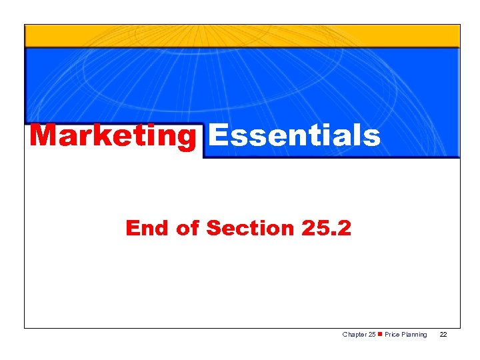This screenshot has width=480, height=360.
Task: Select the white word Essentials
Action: pos(294,135)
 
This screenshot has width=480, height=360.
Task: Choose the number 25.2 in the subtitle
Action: pos(325,228)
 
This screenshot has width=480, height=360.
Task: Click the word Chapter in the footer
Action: pos(353,334)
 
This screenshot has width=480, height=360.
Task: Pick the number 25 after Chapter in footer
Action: pos(371,334)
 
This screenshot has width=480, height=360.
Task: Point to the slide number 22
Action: pos(443,334)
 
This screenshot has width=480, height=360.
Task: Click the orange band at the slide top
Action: pos(242,36)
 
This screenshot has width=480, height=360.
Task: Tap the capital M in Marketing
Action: pos(43,135)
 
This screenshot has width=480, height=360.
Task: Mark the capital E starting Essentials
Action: pos(217,135)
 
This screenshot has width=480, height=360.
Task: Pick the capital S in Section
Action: pos(213,228)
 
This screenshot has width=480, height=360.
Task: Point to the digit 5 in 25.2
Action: pos(321,228)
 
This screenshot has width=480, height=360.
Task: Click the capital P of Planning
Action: pos(403,334)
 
